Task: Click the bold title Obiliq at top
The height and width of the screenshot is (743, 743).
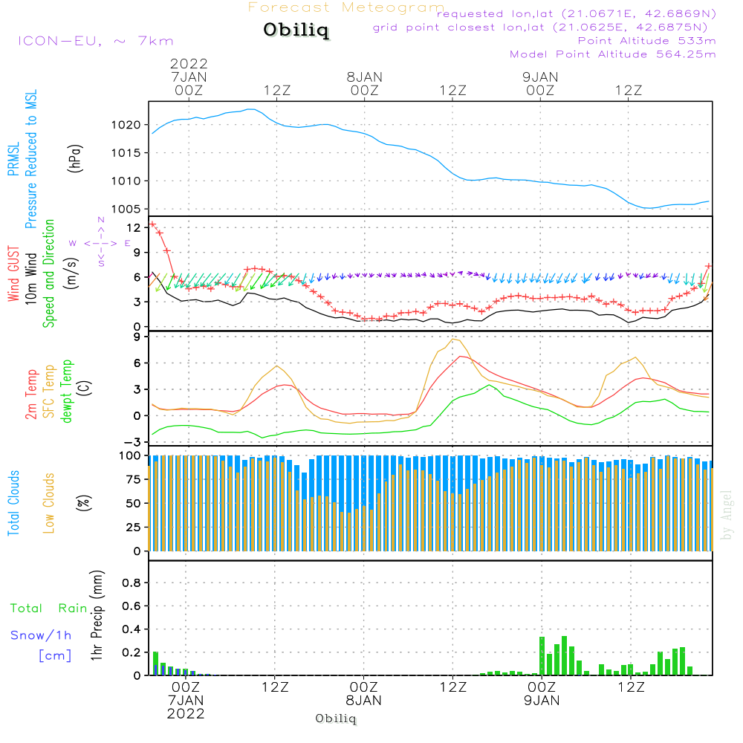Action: tap(296, 31)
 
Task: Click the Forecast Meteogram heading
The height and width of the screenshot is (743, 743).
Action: tap(346, 7)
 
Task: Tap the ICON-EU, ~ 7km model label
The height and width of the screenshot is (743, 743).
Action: tap(95, 41)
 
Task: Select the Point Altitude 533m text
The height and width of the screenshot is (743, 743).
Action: tap(646, 40)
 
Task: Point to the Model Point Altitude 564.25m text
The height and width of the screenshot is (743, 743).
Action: tap(612, 53)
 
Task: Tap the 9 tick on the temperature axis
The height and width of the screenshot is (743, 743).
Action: tap(137, 337)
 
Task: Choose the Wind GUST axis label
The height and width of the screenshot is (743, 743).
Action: tap(14, 276)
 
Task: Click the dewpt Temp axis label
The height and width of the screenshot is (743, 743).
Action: tap(67, 392)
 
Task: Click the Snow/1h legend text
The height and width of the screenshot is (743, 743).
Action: tap(42, 635)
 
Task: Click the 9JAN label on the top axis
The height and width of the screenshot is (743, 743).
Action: tap(540, 77)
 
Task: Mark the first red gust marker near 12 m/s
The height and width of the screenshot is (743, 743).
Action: tap(152, 224)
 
